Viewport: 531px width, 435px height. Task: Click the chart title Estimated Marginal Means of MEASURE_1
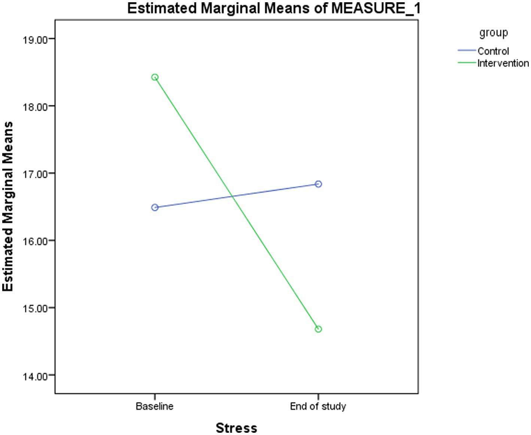[x=273, y=8]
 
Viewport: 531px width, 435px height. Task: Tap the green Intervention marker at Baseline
[x=155, y=77]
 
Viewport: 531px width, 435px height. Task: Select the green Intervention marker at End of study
[x=318, y=329]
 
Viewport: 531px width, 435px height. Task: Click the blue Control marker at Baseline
[x=155, y=207]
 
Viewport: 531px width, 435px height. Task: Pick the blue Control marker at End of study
[x=318, y=184]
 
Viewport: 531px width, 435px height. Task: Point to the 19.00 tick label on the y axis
[x=36, y=40]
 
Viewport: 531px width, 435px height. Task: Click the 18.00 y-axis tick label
[x=36, y=107]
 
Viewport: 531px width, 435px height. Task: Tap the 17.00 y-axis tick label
[x=36, y=174]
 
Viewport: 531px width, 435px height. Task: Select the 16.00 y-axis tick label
[x=36, y=241]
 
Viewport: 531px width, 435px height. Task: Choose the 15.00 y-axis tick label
[x=36, y=309]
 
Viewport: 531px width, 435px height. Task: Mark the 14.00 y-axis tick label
[x=36, y=376]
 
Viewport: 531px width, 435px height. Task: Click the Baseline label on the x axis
[x=155, y=406]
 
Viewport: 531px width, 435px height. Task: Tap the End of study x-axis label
[x=318, y=406]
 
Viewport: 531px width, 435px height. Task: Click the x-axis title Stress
[x=236, y=427]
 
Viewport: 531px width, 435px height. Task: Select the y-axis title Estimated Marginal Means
[x=8, y=206]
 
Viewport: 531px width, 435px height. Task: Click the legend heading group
[x=494, y=33]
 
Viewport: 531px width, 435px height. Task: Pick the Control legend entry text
[x=493, y=51]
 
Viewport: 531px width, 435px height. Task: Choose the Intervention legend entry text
[x=503, y=63]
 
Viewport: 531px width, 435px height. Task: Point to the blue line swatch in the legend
[x=467, y=50]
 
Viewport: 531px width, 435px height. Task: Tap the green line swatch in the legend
[x=467, y=62]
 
